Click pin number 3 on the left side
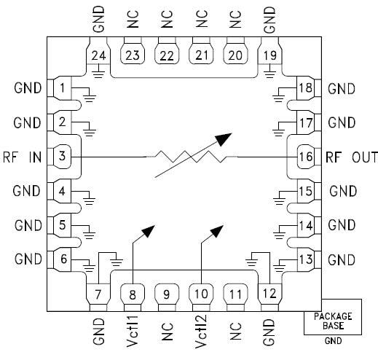63,156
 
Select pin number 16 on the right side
306,156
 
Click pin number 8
133,294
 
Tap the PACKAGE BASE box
332,321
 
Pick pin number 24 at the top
98,54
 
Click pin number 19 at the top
270,54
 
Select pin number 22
167,54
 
